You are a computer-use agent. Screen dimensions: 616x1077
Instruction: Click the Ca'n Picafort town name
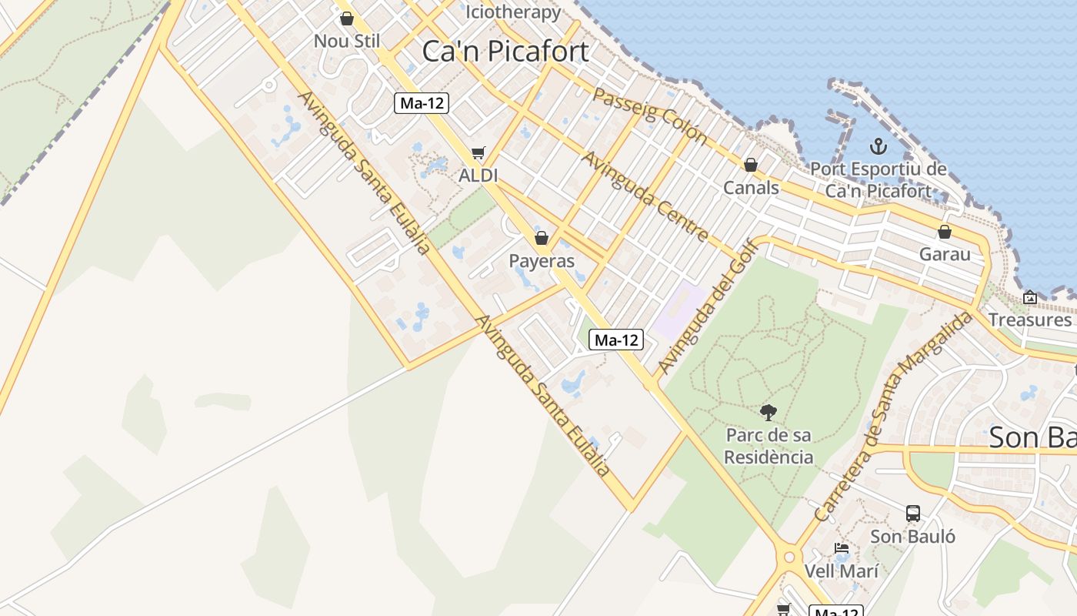pyautogui.click(x=505, y=52)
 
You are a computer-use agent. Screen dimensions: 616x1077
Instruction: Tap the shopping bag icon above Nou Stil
pyautogui.click(x=347, y=18)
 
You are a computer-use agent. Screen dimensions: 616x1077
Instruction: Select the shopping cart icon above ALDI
pyautogui.click(x=478, y=153)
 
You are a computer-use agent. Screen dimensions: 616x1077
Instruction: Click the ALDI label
pyautogui.click(x=478, y=176)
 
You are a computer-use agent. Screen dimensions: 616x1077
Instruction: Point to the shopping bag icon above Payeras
pyautogui.click(x=542, y=238)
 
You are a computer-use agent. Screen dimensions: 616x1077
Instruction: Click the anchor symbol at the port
pyautogui.click(x=878, y=146)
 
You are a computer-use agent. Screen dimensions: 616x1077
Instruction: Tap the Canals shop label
pyautogui.click(x=751, y=188)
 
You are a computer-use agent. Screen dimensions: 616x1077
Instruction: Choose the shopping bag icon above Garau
pyautogui.click(x=945, y=232)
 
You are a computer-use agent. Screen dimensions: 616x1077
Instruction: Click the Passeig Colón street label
pyautogui.click(x=650, y=115)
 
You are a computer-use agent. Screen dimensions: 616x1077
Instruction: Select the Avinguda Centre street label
pyautogui.click(x=645, y=196)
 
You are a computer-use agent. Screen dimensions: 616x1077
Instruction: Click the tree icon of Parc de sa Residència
pyautogui.click(x=768, y=412)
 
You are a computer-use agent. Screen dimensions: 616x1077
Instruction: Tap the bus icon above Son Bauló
pyautogui.click(x=913, y=513)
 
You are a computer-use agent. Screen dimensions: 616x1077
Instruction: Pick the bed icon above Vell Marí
pyautogui.click(x=842, y=549)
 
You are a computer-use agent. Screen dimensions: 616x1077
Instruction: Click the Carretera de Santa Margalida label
pyautogui.click(x=893, y=417)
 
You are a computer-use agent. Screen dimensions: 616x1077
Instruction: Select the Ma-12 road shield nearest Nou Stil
pyautogui.click(x=422, y=103)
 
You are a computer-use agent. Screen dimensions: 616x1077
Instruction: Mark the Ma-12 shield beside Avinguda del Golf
pyautogui.click(x=616, y=340)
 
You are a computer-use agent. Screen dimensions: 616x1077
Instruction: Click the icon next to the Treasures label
pyautogui.click(x=1030, y=297)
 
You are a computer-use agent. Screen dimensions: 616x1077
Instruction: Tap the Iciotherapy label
pyautogui.click(x=514, y=12)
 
